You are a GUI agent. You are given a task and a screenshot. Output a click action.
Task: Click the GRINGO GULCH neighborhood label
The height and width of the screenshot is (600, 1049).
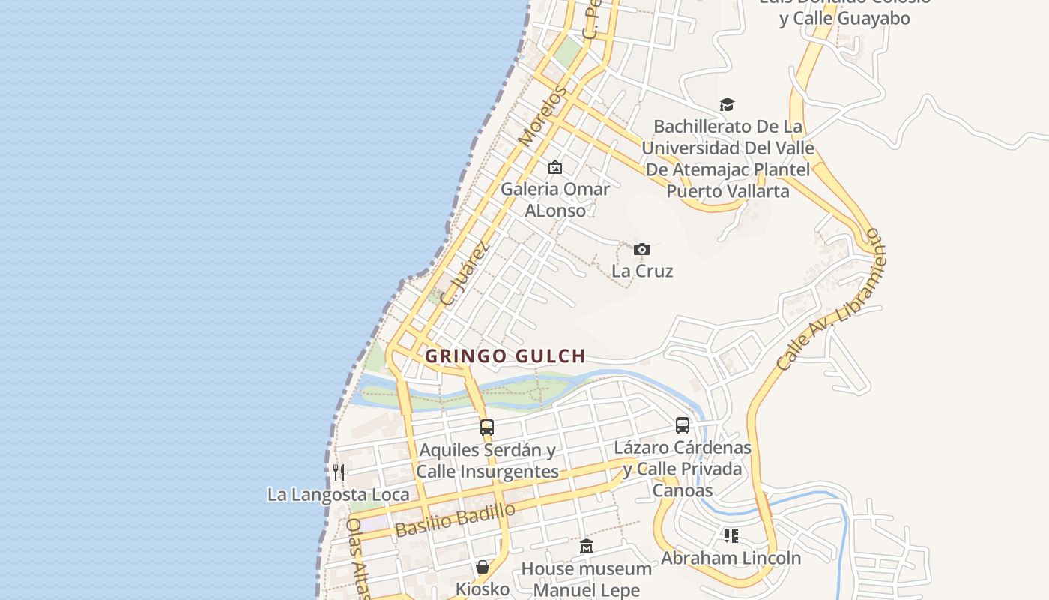tap(504, 356)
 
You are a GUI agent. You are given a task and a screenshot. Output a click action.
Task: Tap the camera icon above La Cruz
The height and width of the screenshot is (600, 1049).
tap(642, 250)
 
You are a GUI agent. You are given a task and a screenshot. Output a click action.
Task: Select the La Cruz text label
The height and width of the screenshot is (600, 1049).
tap(642, 271)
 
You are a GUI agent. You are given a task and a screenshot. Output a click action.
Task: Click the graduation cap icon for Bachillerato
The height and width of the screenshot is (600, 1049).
tap(727, 104)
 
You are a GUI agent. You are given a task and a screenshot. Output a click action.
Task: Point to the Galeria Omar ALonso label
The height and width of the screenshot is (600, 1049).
tap(555, 199)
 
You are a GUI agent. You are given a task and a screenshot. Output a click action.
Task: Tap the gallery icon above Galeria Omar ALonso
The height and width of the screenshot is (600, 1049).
tap(555, 167)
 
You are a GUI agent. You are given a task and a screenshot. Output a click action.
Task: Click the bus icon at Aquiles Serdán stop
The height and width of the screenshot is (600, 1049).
tap(487, 427)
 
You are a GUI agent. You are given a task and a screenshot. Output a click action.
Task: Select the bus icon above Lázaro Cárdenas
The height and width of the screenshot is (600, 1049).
tap(683, 425)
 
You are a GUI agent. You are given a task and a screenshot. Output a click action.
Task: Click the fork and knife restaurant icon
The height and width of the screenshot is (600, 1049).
tap(339, 472)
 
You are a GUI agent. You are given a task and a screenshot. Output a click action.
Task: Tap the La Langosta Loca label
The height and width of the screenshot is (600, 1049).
tap(339, 495)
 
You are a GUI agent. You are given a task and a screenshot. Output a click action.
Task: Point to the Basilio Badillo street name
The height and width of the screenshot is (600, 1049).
tap(455, 520)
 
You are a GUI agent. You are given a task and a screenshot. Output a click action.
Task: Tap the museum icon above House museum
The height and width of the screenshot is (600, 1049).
tap(587, 546)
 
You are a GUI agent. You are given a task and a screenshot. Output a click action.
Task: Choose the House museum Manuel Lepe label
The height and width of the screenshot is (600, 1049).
tap(587, 579)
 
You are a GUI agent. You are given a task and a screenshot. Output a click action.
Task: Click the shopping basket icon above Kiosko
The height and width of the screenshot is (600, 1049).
tap(483, 567)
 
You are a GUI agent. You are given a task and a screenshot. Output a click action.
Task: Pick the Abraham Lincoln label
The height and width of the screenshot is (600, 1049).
tap(731, 558)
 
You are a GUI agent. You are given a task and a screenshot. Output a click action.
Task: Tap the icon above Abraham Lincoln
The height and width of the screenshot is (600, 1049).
tap(731, 535)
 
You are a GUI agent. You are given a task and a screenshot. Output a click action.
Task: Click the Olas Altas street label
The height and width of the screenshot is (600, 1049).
tap(358, 559)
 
